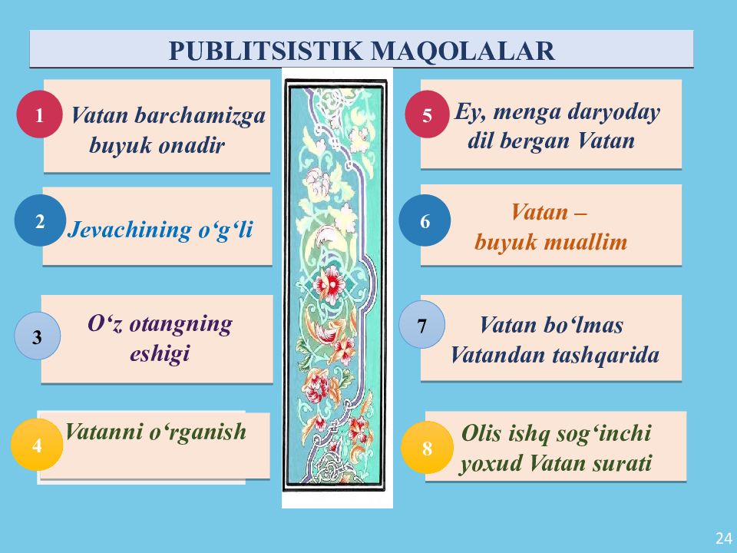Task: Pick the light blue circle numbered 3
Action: [38, 336]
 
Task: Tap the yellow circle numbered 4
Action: [36, 445]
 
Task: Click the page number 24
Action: [723, 538]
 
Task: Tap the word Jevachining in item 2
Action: [129, 230]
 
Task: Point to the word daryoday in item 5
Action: [613, 112]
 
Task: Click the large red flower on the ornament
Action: [331, 285]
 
